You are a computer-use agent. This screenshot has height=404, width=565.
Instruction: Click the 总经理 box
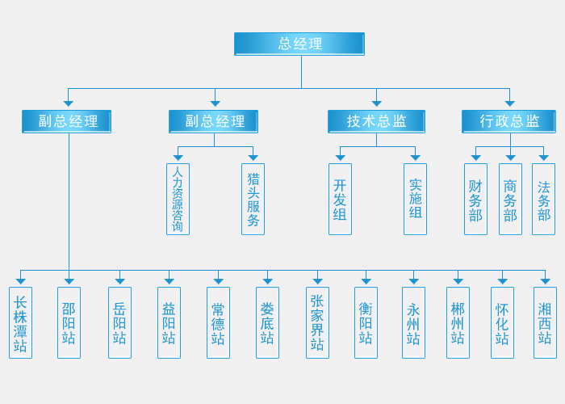(x=299, y=44)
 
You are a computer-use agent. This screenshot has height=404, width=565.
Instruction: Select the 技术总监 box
(x=376, y=121)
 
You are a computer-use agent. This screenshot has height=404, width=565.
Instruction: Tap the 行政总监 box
(x=508, y=121)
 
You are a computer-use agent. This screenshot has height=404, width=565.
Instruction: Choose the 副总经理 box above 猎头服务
(x=214, y=121)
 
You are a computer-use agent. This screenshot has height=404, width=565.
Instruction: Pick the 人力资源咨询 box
(x=178, y=199)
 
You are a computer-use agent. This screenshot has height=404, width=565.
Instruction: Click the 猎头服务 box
(x=253, y=199)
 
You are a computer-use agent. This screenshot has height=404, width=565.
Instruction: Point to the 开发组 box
(x=340, y=199)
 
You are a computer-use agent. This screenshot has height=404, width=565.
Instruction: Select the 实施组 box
(x=415, y=199)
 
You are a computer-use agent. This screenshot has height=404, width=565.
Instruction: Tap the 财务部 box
(x=475, y=199)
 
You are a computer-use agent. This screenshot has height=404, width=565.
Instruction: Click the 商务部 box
(x=510, y=199)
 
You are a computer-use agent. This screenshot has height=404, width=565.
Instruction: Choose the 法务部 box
(x=543, y=199)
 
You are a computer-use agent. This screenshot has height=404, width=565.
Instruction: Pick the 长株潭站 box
(x=20, y=322)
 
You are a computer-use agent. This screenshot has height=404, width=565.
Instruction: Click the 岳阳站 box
(x=119, y=322)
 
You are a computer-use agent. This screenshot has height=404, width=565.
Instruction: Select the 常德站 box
(x=218, y=322)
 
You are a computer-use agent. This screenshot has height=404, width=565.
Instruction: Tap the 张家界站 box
(x=317, y=322)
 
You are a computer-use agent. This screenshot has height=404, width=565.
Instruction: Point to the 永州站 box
(x=413, y=322)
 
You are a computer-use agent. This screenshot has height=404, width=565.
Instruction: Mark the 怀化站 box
(x=502, y=322)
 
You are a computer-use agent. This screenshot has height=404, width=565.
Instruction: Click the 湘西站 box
(x=545, y=322)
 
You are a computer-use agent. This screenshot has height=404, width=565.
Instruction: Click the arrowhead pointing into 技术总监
(x=376, y=103)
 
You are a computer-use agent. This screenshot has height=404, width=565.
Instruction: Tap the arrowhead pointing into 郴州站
(x=458, y=281)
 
